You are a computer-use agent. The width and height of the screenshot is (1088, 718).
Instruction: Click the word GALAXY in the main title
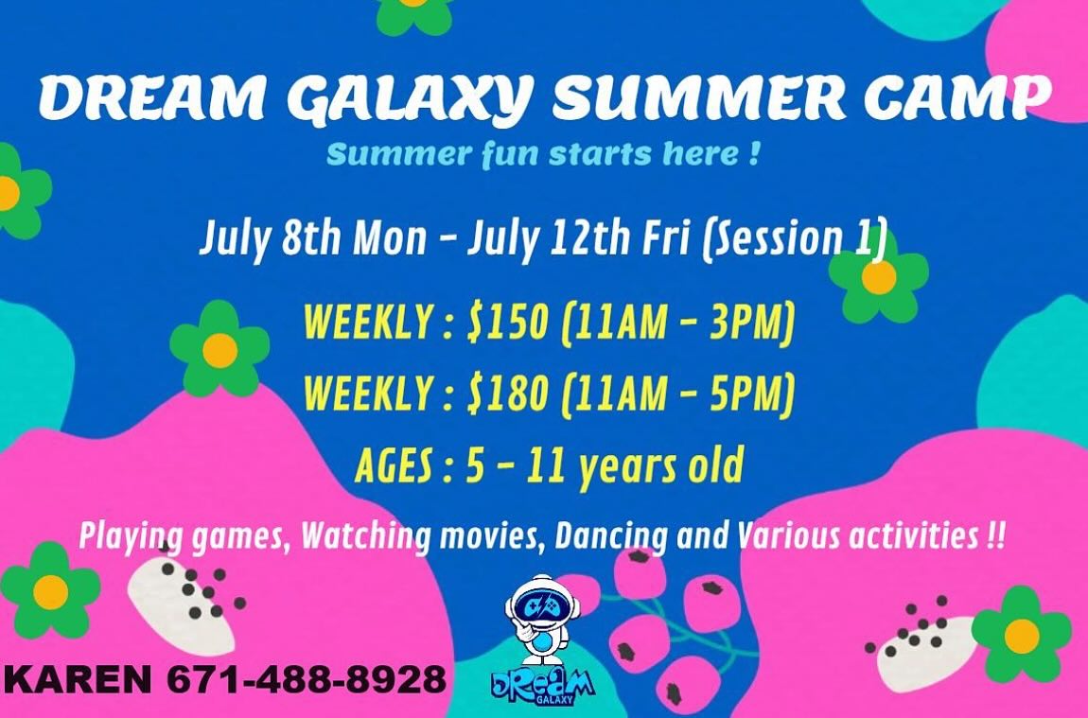408,97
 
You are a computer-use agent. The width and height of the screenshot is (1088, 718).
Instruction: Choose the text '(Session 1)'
795,238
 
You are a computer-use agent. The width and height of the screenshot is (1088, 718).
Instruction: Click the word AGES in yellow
395,464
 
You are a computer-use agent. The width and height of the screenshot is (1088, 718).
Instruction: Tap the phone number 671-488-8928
306,678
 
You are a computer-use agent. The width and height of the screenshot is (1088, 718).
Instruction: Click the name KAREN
78,678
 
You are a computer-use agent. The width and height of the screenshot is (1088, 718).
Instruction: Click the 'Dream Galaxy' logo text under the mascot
543,686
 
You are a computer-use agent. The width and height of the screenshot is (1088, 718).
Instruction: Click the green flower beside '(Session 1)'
879,277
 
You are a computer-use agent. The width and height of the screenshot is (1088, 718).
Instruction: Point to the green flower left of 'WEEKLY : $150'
219,350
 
